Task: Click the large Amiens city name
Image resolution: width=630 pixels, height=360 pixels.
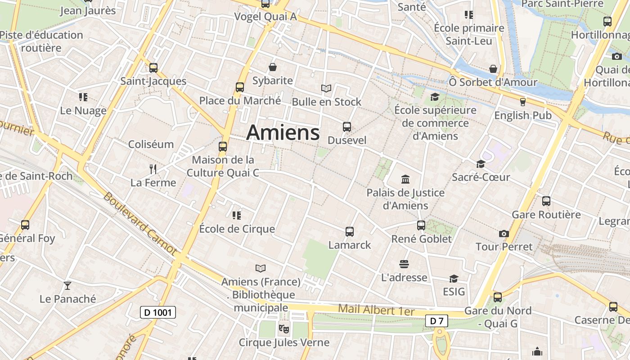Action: click(283, 132)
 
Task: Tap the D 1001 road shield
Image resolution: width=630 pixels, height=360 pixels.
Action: click(157, 312)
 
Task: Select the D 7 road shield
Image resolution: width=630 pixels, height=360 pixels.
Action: click(436, 321)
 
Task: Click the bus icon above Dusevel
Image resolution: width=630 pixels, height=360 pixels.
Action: click(346, 127)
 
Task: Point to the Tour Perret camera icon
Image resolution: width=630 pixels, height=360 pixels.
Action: click(504, 234)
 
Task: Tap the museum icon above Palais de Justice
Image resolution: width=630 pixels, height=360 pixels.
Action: click(405, 180)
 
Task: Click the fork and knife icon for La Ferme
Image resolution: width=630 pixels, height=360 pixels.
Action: click(153, 169)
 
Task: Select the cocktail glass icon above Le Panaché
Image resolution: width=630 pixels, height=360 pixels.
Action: click(67, 285)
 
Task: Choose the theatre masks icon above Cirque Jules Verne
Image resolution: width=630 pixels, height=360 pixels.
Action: click(283, 329)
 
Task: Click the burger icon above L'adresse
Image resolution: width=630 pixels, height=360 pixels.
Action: click(404, 264)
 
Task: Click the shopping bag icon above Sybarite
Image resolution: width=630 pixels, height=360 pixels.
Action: click(273, 67)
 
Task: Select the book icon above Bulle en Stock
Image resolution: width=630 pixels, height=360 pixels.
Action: click(326, 89)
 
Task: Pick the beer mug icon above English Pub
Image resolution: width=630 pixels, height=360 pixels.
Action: click(522, 102)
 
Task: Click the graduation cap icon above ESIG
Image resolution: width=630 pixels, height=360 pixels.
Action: click(454, 279)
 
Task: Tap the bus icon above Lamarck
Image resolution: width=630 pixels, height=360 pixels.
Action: click(350, 232)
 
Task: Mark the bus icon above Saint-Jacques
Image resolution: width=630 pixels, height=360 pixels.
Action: click(153, 68)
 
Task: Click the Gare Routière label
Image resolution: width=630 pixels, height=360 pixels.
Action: click(546, 215)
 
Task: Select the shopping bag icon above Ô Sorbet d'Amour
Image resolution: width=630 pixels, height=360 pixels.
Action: click(493, 69)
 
